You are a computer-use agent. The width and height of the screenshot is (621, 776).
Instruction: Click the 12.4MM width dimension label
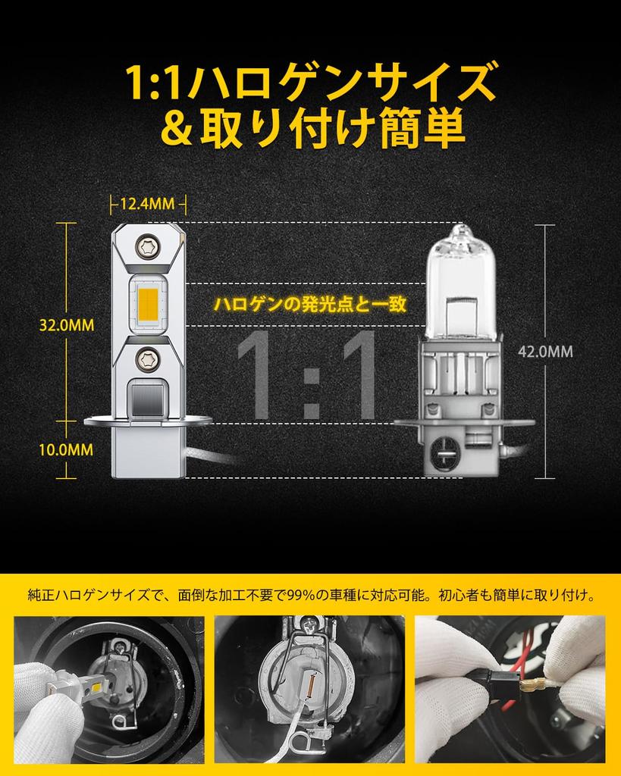tap(147, 203)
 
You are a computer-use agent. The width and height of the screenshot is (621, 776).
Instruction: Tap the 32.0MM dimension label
tap(67, 324)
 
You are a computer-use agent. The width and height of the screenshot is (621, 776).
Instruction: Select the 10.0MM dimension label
tap(67, 449)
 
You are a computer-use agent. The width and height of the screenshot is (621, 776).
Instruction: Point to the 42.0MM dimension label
tap(545, 351)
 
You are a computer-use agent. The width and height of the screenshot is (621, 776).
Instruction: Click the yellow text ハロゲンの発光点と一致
tap(311, 303)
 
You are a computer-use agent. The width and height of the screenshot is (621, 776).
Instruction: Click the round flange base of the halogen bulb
tap(464, 422)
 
